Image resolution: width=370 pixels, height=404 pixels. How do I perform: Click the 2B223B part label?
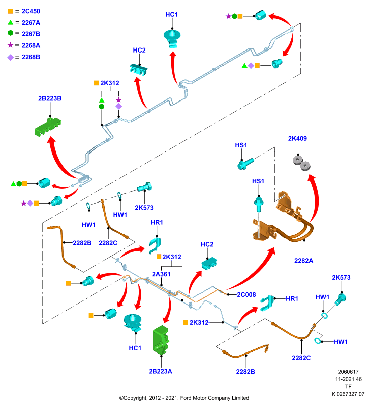click(50, 98)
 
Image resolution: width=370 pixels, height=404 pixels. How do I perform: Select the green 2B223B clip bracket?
click(48, 127)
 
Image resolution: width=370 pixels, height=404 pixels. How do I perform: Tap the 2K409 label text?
click(297, 138)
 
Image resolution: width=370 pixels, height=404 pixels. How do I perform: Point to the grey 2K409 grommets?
click(301, 163)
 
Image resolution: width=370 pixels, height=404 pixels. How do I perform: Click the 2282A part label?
click(303, 261)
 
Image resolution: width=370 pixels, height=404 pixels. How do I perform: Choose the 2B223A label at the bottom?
click(160, 371)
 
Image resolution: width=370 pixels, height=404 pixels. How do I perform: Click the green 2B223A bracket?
click(161, 339)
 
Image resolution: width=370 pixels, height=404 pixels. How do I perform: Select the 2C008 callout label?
click(246, 295)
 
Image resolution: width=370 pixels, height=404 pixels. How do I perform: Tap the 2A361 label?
click(161, 274)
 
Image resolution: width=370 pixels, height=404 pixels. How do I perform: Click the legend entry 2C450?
click(31, 11)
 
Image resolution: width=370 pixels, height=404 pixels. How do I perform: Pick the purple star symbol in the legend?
click(10, 45)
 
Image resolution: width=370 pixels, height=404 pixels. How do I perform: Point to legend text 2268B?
click(31, 57)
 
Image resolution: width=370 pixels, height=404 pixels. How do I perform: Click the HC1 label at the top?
click(172, 15)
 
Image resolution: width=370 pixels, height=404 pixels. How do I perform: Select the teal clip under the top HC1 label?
click(172, 39)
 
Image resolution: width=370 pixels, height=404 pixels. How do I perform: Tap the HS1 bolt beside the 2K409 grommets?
click(245, 164)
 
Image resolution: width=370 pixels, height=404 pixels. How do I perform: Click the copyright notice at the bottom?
click(184, 398)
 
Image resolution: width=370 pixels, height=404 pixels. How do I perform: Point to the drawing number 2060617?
click(348, 372)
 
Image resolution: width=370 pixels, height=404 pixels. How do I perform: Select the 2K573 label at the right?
click(341, 277)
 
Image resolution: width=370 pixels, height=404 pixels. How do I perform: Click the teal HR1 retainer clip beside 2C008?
click(267, 302)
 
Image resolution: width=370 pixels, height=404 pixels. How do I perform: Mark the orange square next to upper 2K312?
click(97, 83)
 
